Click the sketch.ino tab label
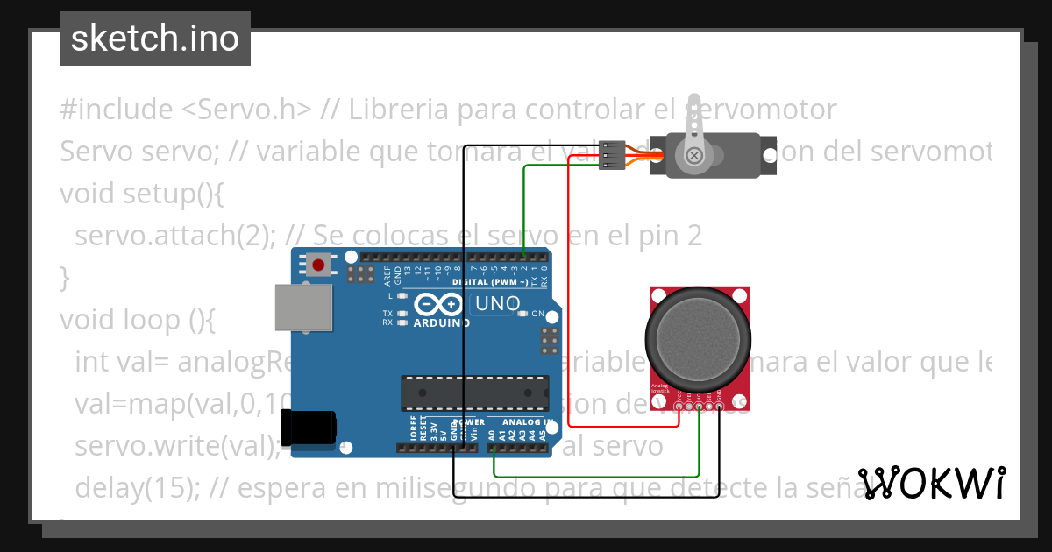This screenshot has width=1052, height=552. point(155,39)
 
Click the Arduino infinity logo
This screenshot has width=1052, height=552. point(437,304)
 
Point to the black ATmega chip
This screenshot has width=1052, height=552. point(474,393)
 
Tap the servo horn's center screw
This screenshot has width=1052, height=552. point(694,156)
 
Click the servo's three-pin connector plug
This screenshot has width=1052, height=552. point(611,156)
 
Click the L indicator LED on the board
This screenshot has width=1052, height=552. point(402,296)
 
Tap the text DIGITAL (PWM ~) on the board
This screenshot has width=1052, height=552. point(491,282)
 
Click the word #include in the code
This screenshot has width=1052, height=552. point(116,110)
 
